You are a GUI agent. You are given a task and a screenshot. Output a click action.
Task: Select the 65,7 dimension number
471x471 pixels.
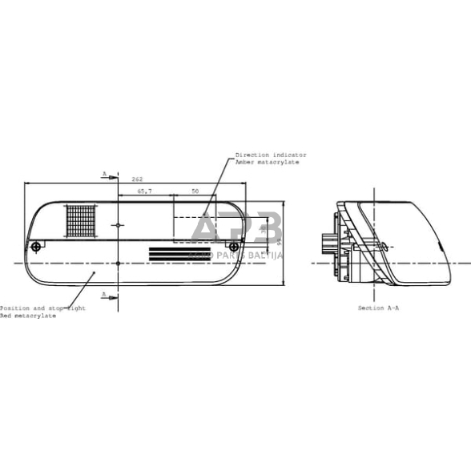144,192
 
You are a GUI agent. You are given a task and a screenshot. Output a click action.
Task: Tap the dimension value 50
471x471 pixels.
194,192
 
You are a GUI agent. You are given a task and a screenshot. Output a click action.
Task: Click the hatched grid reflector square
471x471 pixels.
80,220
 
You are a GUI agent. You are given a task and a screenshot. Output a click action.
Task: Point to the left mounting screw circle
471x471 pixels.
35,246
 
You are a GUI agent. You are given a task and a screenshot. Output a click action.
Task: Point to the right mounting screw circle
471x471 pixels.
232,245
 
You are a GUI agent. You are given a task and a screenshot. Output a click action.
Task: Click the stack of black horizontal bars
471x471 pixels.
170,253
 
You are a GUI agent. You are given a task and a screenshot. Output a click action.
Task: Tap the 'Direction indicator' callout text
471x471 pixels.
271,155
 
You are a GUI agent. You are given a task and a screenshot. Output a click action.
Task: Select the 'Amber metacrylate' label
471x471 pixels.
268,162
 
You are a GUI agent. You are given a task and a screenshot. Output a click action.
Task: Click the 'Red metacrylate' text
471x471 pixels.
29,316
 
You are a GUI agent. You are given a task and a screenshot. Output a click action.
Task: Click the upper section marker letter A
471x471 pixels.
104,173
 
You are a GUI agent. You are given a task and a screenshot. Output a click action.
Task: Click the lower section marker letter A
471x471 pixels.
104,295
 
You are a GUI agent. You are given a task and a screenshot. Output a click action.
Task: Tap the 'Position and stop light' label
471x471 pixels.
40,308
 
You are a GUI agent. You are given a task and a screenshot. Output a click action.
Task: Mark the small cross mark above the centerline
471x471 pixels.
118,226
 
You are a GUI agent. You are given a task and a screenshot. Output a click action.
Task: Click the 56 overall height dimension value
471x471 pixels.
280,240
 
